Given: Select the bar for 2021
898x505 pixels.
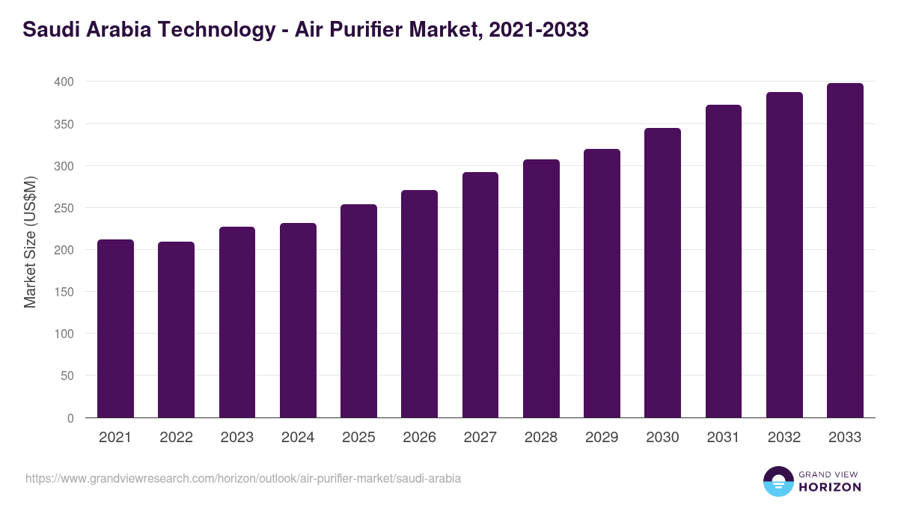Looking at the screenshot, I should [x=115, y=329].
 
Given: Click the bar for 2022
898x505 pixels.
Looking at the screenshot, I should [x=176, y=330].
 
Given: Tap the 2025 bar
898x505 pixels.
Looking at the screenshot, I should [x=358, y=311].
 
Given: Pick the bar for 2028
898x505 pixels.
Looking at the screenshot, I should [x=541, y=289].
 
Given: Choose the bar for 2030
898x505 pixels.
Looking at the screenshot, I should [x=662, y=273].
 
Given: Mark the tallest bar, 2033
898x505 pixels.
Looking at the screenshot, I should [x=845, y=251].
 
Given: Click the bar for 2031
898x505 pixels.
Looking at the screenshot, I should [x=723, y=262].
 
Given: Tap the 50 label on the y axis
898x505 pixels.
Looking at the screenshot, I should [x=67, y=376].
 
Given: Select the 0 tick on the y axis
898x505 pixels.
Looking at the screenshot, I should [x=70, y=418].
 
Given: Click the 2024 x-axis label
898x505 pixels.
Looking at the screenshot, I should [x=298, y=438].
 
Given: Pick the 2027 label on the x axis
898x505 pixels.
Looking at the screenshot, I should [x=480, y=438].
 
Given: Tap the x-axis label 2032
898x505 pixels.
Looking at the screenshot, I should [x=784, y=438].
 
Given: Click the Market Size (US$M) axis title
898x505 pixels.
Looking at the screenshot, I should [x=30, y=242].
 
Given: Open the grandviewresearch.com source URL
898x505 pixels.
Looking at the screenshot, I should [x=243, y=478].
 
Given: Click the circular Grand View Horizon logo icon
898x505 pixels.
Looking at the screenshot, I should [x=778, y=481].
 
